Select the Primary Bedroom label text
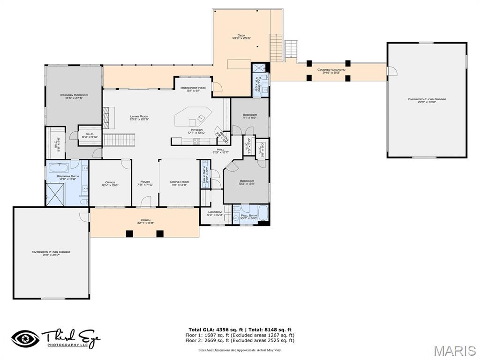(74, 96)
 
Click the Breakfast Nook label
(194, 89)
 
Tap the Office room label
(110, 183)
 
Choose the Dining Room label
(179, 183)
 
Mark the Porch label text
(145, 221)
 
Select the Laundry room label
(214, 213)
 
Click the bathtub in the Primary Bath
(59, 167)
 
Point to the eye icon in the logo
(25, 338)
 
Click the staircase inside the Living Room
(119, 139)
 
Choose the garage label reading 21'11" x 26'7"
(51, 253)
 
